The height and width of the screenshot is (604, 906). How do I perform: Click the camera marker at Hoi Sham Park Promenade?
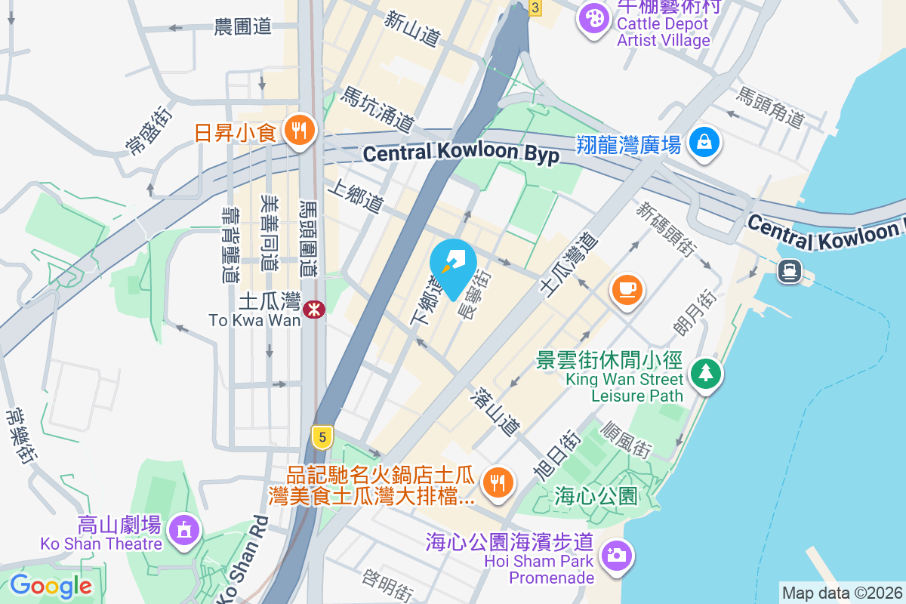click(616, 556)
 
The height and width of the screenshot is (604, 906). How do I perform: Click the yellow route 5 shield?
click(322, 436)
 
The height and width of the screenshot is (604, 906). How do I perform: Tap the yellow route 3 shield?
click(535, 8)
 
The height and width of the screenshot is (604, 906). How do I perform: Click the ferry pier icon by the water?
click(790, 270)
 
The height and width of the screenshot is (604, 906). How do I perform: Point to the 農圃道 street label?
click(242, 27)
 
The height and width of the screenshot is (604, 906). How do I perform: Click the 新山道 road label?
click(411, 28)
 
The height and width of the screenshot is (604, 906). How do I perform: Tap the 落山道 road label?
click(495, 411)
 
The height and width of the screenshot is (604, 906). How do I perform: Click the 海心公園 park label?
click(596, 496)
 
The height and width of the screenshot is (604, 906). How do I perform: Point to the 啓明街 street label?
click(387, 585)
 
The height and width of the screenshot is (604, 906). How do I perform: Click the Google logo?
click(51, 585)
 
